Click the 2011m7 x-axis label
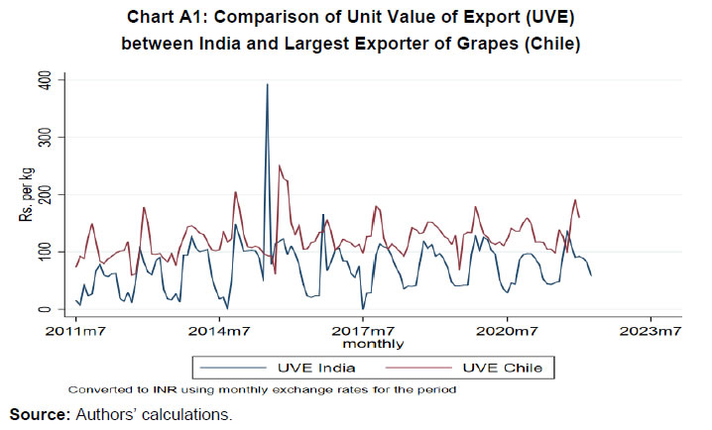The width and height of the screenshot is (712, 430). coord(75,330)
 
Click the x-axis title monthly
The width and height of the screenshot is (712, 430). coord(373,344)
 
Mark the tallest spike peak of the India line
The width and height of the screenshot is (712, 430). coord(267,84)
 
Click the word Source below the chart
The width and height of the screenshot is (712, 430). coord(38,415)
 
